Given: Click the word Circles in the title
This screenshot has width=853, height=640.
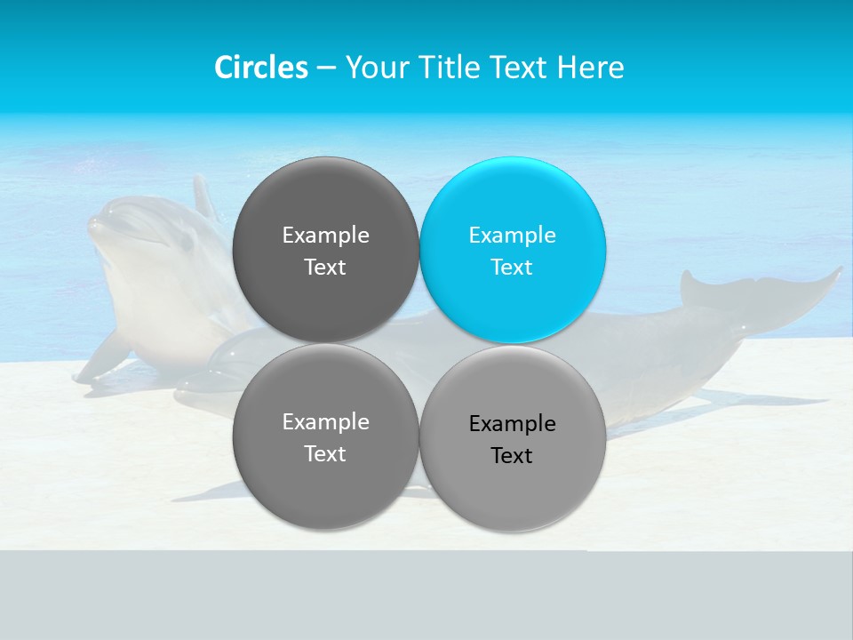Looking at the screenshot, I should pyautogui.click(x=261, y=68).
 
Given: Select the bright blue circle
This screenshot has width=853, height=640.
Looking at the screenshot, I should pyautogui.click(x=513, y=250).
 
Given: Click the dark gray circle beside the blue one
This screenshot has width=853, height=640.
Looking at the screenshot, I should pyautogui.click(x=325, y=250).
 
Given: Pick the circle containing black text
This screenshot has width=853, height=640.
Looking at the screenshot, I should pyautogui.click(x=513, y=438).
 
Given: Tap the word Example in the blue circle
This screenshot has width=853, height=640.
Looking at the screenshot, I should pyautogui.click(x=512, y=236).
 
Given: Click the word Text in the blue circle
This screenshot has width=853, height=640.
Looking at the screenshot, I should pyautogui.click(x=512, y=268).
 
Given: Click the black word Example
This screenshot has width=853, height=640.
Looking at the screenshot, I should pyautogui.click(x=512, y=424).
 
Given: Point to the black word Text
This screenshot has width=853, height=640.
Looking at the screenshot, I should pyautogui.click(x=512, y=456).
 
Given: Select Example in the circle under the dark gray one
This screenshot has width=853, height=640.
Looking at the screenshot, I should pyautogui.click(x=325, y=422).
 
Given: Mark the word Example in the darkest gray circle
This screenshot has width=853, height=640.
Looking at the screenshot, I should pyautogui.click(x=325, y=236).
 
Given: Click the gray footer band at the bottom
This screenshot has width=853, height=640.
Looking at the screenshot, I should pyautogui.click(x=426, y=596).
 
